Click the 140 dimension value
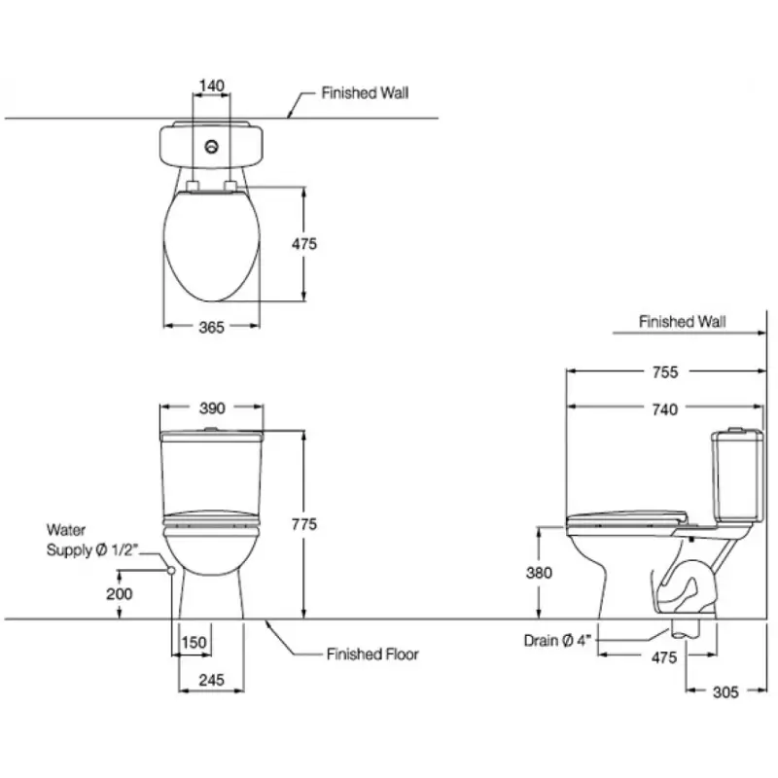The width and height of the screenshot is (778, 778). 212,86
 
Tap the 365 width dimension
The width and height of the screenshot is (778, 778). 211,327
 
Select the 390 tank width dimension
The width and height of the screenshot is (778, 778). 212,407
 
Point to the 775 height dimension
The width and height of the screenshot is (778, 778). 304,524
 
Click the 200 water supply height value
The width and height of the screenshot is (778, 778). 119,593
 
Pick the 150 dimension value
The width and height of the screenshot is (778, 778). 194,642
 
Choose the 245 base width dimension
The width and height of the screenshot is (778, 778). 211,680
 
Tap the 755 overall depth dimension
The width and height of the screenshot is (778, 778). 665,371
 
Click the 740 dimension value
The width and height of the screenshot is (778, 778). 665,409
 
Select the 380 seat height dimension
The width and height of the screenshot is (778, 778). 539,573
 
